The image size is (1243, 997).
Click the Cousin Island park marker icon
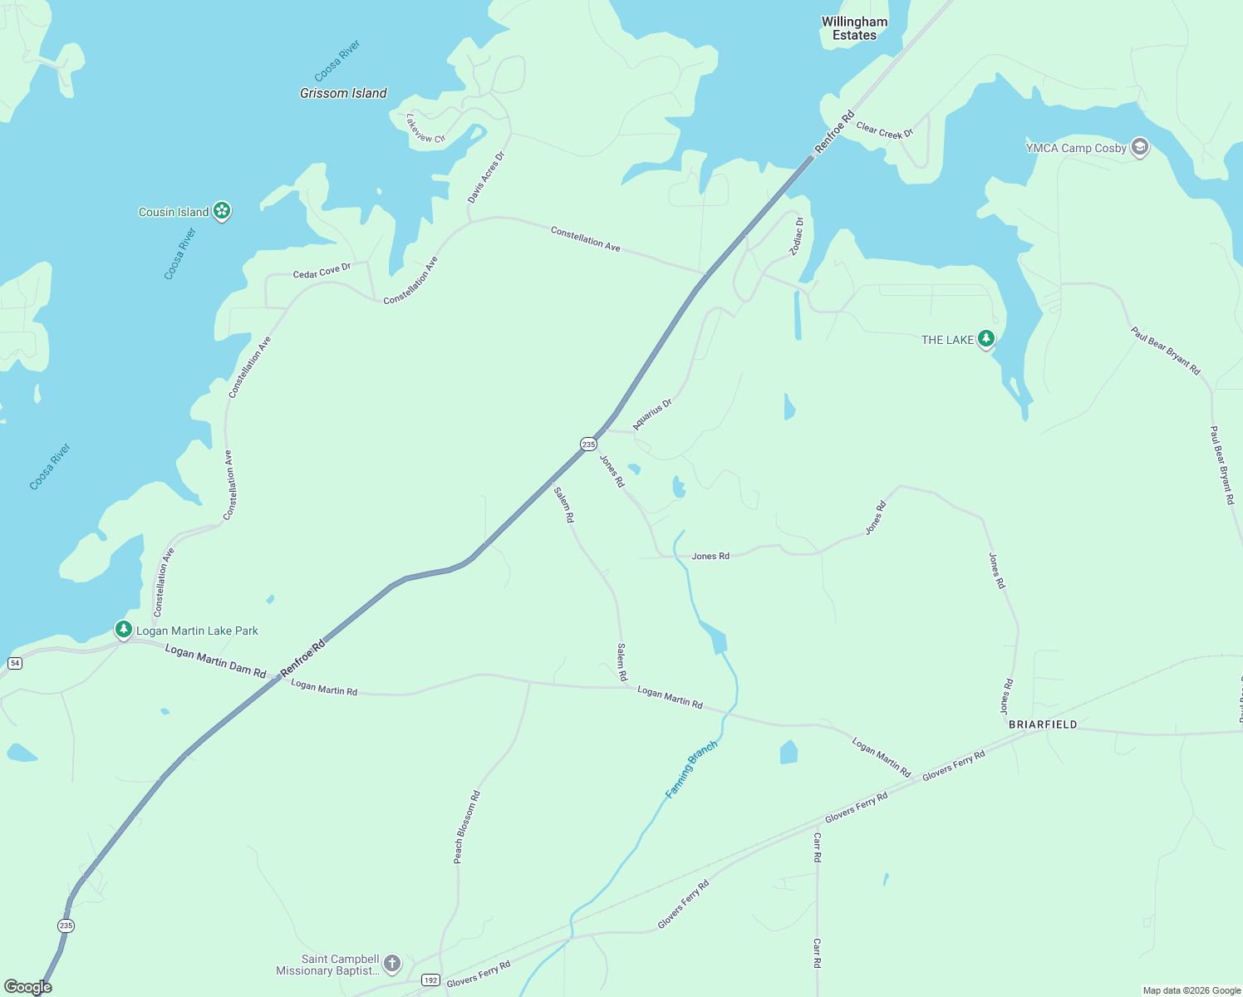[222, 211]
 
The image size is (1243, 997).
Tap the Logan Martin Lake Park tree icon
[124, 630]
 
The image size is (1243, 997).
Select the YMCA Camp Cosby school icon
[1140, 148]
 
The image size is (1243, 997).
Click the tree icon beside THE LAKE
[986, 339]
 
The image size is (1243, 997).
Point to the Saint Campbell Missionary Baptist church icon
[392, 964]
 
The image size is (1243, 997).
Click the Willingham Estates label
[854, 28]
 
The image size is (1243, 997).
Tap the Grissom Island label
[343, 93]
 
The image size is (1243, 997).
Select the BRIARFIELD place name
[1043, 724]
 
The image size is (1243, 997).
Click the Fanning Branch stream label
[691, 770]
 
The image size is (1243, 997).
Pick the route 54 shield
[15, 663]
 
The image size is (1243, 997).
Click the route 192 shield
[430, 980]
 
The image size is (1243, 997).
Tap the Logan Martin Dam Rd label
[215, 661]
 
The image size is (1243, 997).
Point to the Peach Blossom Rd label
[467, 827]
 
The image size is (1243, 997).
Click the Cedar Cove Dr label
[322, 271]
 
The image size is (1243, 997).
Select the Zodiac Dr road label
[797, 236]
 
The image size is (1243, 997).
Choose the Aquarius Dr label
[652, 414]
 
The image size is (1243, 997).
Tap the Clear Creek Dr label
[884, 130]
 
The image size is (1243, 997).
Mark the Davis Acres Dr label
[486, 177]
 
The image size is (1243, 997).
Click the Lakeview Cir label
[425, 129]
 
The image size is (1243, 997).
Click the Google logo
[28, 987]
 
